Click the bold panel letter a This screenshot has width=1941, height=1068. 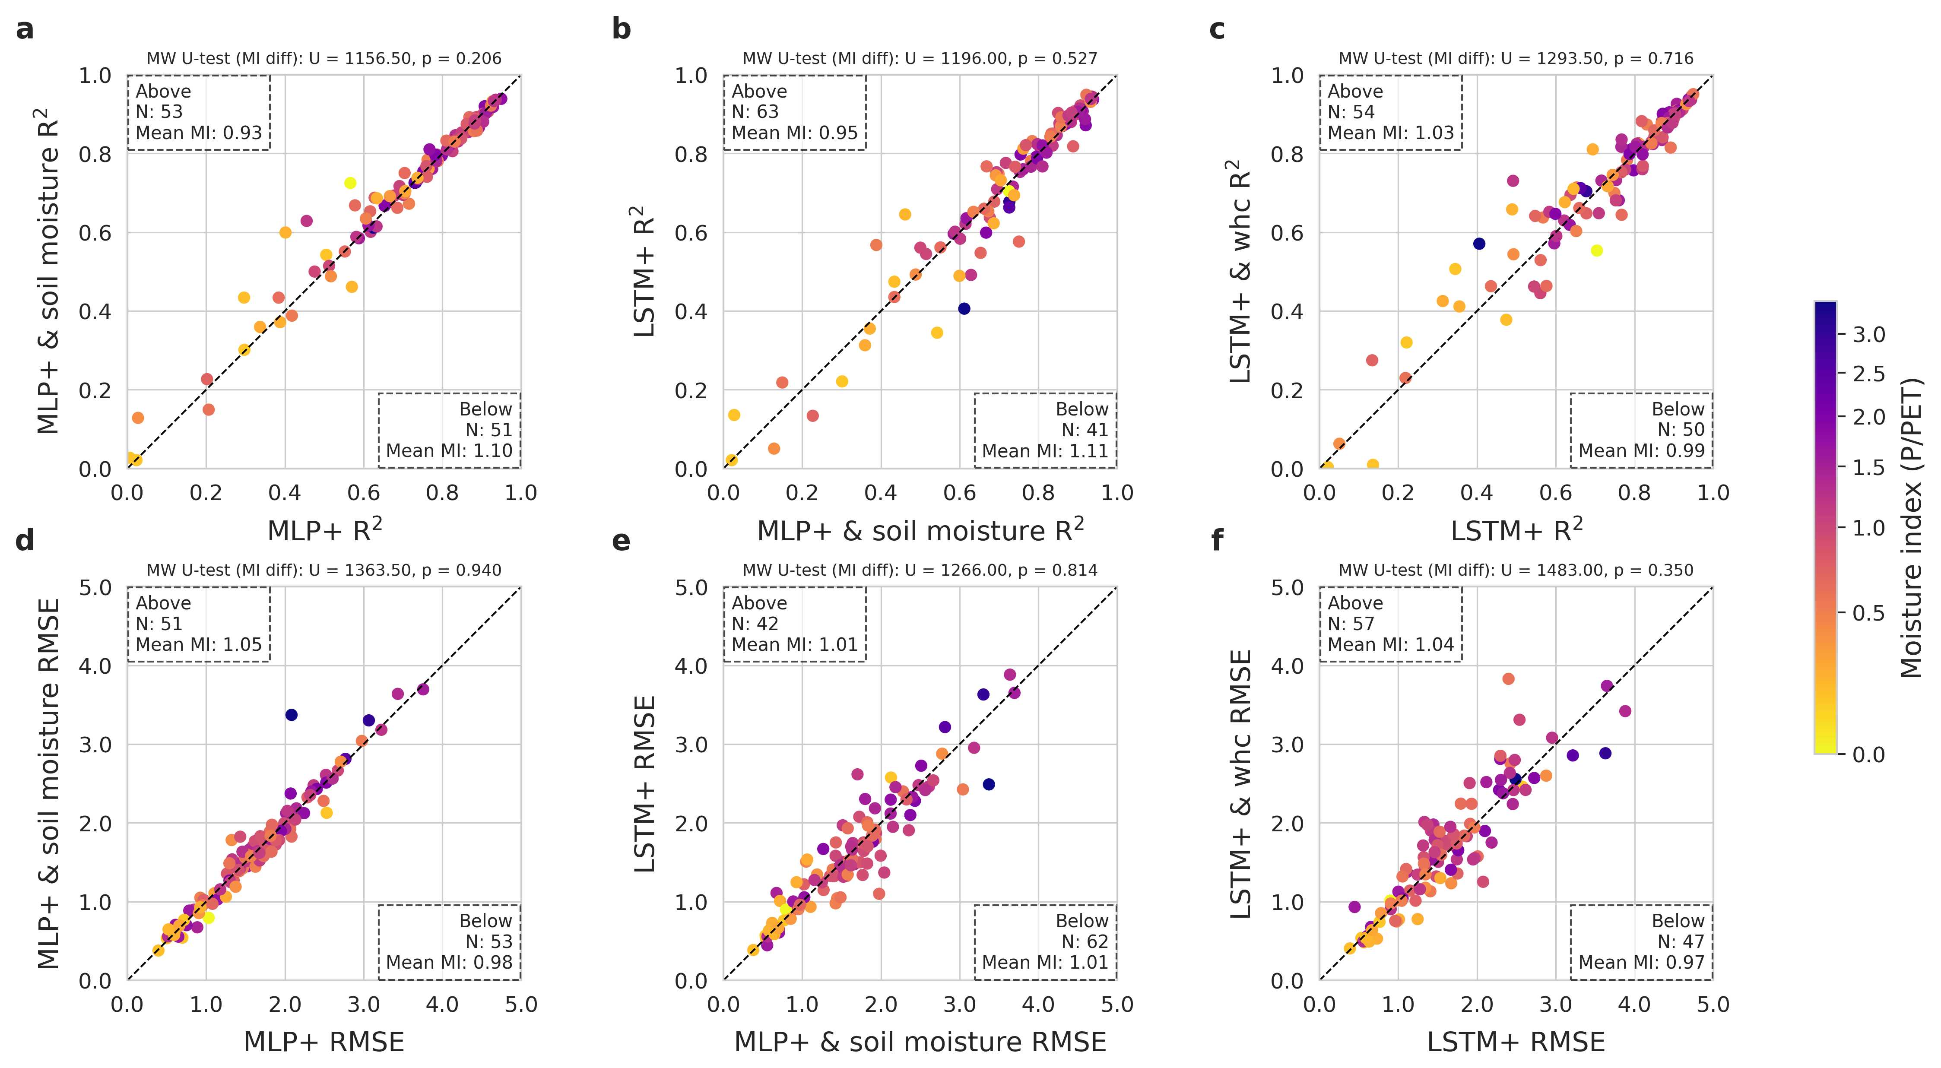coord(25,30)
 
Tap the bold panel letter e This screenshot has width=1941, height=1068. coord(621,541)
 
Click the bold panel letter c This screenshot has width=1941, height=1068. coord(1217,30)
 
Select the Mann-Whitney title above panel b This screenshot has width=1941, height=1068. coord(920,59)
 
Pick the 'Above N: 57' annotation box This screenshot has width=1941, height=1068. coord(1390,624)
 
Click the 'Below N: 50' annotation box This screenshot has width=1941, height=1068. coord(1641,430)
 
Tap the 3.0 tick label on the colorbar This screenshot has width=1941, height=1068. coord(1869,334)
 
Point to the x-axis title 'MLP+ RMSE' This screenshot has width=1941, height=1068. coord(324,1042)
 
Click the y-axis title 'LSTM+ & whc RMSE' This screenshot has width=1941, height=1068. coord(1240,783)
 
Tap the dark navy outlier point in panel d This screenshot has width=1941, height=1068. coord(292,715)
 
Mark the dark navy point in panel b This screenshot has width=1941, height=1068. coord(964,309)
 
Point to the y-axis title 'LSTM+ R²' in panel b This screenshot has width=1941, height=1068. coord(644,271)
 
